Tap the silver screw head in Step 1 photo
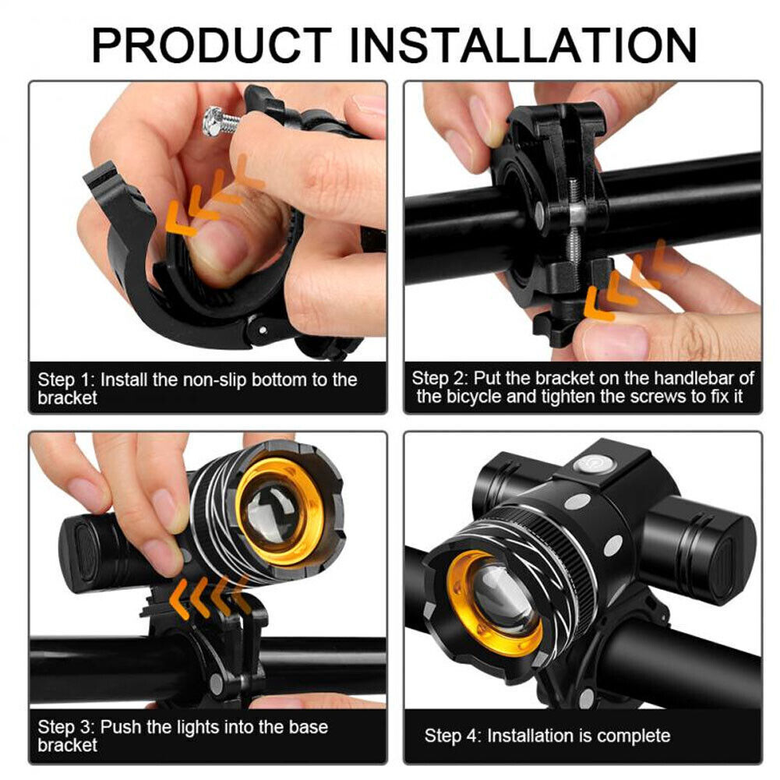coord(212,122)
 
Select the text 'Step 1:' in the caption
coord(66,380)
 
